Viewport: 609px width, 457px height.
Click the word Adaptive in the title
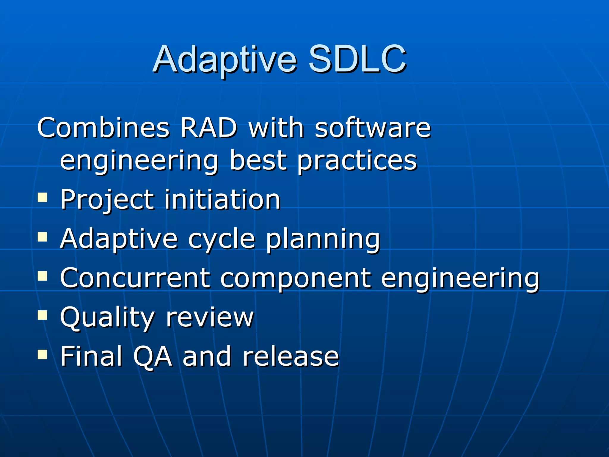(x=225, y=60)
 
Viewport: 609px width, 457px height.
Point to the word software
(x=373, y=128)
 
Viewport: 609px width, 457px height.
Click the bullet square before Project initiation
(x=43, y=198)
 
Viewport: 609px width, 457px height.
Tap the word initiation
(x=222, y=199)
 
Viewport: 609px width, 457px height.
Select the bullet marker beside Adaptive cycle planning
(x=43, y=237)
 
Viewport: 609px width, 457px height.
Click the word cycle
(x=222, y=240)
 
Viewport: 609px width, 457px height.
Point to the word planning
(x=323, y=240)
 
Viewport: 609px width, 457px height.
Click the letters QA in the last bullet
(x=152, y=356)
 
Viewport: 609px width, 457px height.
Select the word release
(x=291, y=356)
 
